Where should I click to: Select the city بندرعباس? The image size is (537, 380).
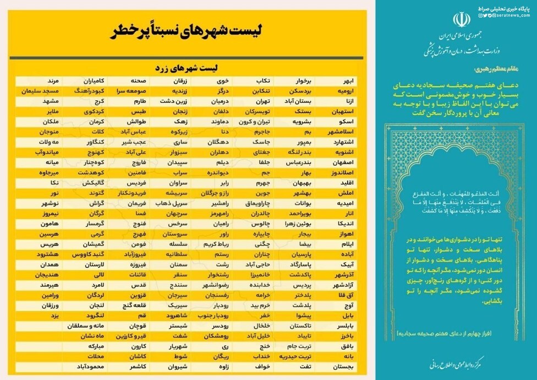coord(302,162)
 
